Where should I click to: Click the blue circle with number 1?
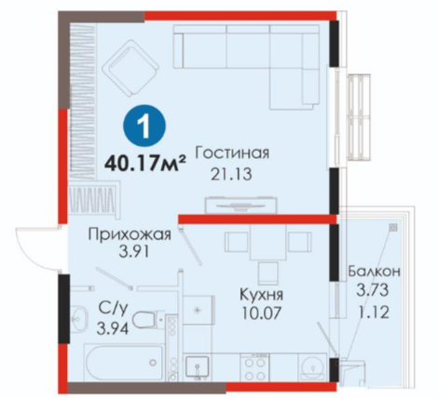(144, 126)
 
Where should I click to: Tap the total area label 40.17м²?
(145, 163)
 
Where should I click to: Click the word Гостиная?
(232, 153)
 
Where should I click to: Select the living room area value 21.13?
(232, 175)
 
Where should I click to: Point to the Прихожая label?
(130, 234)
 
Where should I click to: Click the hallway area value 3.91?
(134, 252)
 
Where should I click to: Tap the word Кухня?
(262, 295)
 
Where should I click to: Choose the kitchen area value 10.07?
(262, 313)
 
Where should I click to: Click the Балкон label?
(374, 272)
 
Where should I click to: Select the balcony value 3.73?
(373, 291)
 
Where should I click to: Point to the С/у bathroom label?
(113, 309)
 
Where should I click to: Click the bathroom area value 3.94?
(113, 328)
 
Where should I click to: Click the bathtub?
(123, 363)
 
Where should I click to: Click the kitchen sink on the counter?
(197, 368)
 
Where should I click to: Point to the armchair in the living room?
(130, 68)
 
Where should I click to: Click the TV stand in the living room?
(241, 205)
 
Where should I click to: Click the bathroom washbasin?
(79, 318)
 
